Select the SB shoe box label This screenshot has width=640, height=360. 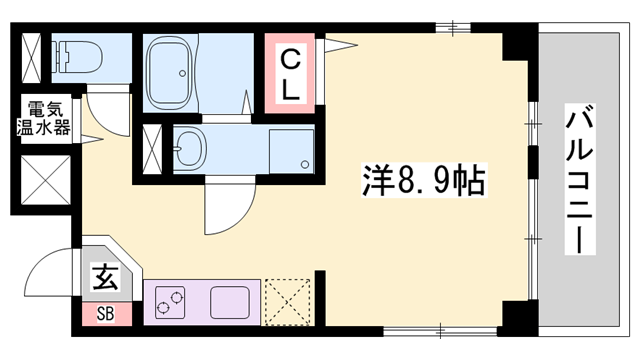[105, 313]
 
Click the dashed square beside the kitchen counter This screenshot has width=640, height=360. [288, 300]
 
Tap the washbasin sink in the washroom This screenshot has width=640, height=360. [191, 149]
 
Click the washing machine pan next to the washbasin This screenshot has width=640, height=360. [290, 149]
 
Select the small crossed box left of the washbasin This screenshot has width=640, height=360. [153, 149]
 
